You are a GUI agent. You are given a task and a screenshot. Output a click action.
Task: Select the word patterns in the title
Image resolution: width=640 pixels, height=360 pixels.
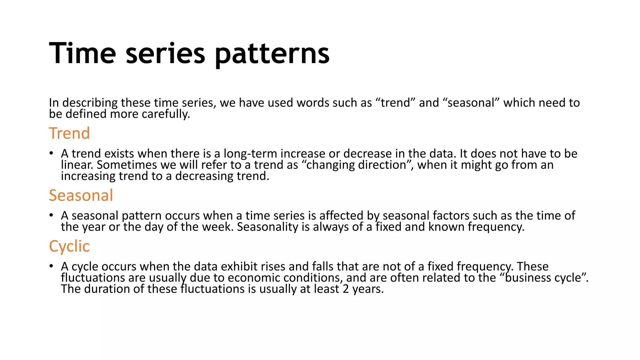(272, 55)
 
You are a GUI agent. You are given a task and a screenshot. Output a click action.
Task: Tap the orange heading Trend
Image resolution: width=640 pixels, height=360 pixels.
(69, 133)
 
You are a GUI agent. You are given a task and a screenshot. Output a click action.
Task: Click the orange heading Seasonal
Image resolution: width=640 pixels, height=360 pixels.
(81, 195)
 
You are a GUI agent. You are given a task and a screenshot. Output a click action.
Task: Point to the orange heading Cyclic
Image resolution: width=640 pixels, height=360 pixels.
(69, 246)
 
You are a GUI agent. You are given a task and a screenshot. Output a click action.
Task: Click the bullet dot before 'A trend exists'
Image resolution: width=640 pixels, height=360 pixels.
(51, 153)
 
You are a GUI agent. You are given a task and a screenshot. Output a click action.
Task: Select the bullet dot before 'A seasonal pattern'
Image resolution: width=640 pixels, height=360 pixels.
(51, 215)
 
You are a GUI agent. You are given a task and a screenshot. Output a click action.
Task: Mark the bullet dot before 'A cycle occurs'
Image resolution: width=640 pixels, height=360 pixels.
(51, 266)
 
